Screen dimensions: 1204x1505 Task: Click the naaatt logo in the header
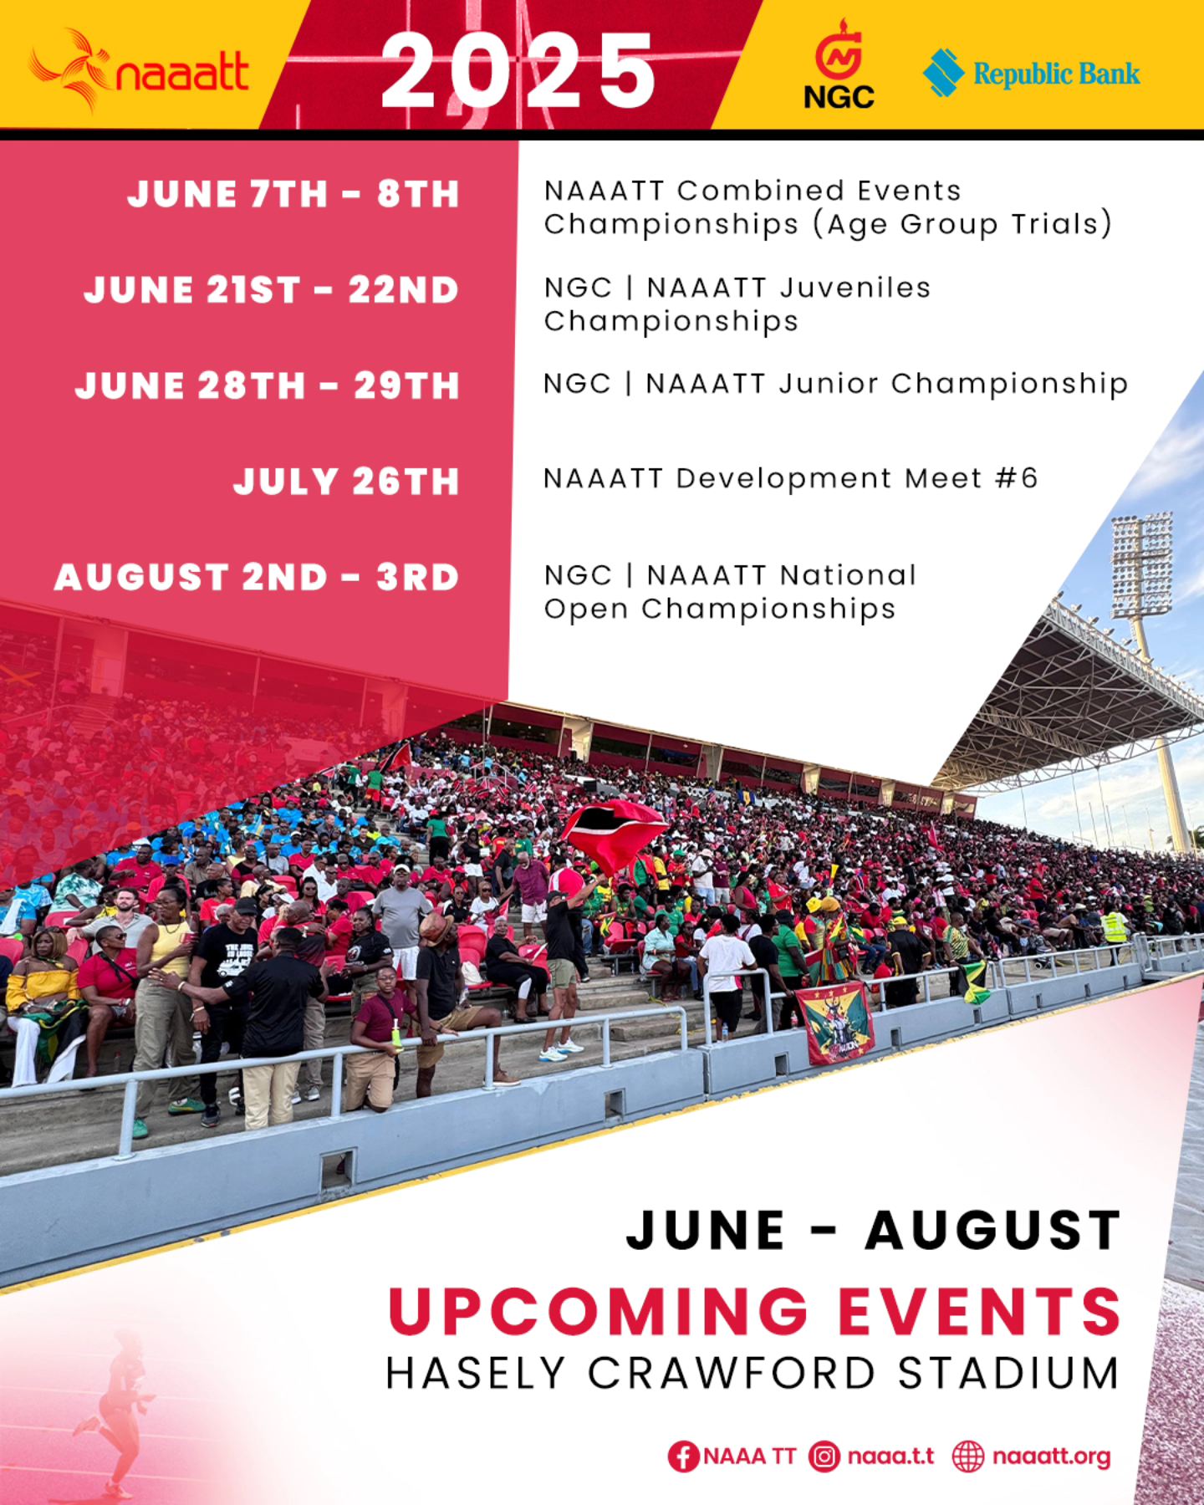pos(139,70)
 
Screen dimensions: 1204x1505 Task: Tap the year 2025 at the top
pos(518,72)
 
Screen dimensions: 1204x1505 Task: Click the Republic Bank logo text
pos(1056,74)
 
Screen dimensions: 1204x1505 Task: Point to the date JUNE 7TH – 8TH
pos(293,194)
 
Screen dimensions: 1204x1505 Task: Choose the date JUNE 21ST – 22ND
pos(272,290)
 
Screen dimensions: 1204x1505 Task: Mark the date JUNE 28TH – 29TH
pos(268,385)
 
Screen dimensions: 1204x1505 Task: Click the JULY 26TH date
pos(346,482)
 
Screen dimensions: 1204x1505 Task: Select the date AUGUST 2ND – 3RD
pos(257,577)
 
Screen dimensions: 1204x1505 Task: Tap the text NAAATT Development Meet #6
pos(790,478)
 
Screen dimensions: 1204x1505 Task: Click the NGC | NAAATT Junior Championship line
pos(835,384)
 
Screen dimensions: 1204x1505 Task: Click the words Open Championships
pos(719,609)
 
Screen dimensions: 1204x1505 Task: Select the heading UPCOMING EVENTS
pos(754,1310)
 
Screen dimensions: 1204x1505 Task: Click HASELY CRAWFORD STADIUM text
pos(752,1374)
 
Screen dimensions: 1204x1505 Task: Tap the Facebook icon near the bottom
pos(683,1457)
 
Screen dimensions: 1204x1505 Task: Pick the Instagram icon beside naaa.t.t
pos(824,1457)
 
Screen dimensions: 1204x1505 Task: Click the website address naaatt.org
pos(1051,1457)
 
